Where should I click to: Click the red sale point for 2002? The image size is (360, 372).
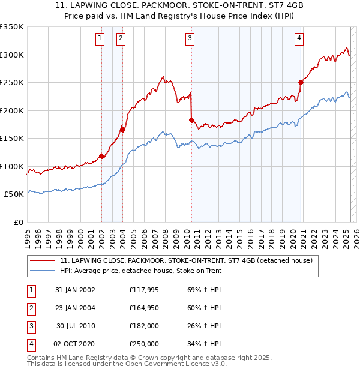tap(101, 157)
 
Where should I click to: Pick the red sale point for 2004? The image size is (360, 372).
tap(122, 129)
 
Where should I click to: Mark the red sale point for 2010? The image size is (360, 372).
tap(191, 120)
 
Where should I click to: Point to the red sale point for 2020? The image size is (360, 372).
tap(301, 82)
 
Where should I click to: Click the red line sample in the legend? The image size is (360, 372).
tap(42, 261)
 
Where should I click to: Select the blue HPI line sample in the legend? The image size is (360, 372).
tap(42, 271)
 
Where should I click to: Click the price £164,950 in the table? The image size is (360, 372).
tap(144, 308)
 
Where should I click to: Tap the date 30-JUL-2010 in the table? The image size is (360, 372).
tap(76, 326)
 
